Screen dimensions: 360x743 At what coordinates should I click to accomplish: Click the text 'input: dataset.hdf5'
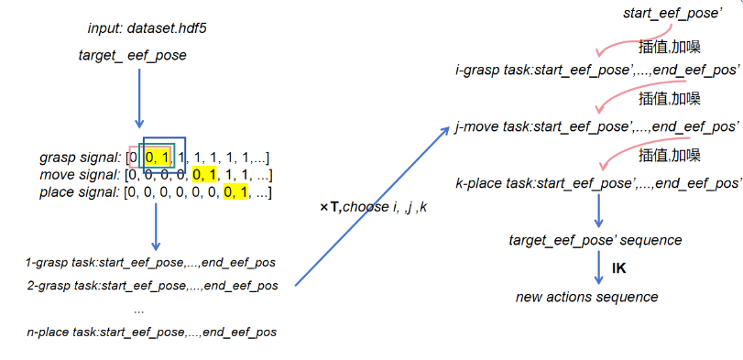tap(148, 29)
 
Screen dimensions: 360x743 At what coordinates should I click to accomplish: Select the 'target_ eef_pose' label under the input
tap(133, 56)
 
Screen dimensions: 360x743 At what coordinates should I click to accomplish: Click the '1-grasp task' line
tap(151, 263)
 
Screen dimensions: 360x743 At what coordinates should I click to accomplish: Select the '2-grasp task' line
tap(151, 286)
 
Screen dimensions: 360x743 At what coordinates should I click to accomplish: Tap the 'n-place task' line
tap(151, 332)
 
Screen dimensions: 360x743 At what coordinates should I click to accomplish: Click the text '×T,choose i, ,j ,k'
tap(373, 209)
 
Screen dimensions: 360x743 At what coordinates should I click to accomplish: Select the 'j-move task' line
tap(596, 125)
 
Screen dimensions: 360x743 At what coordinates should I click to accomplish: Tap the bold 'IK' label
tap(618, 268)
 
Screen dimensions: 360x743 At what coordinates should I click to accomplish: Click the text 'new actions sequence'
tap(586, 297)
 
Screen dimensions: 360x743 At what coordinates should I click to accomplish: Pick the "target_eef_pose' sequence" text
tap(595, 240)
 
